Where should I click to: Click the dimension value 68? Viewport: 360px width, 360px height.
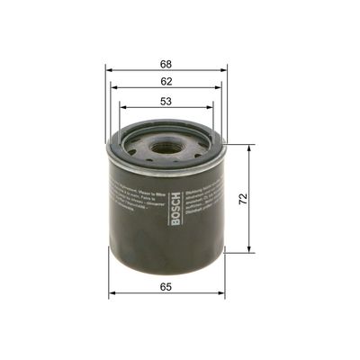[166, 64]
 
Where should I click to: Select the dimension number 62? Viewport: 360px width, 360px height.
[166, 82]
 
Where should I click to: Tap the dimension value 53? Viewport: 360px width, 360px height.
[166, 101]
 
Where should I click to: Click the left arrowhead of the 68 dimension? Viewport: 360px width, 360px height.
[109, 72]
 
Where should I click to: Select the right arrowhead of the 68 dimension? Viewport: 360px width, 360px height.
[225, 72]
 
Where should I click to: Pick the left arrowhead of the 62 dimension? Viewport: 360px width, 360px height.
[114, 90]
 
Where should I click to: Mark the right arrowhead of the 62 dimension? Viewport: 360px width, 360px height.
[220, 90]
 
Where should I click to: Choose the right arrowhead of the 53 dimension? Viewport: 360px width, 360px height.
[212, 109]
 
